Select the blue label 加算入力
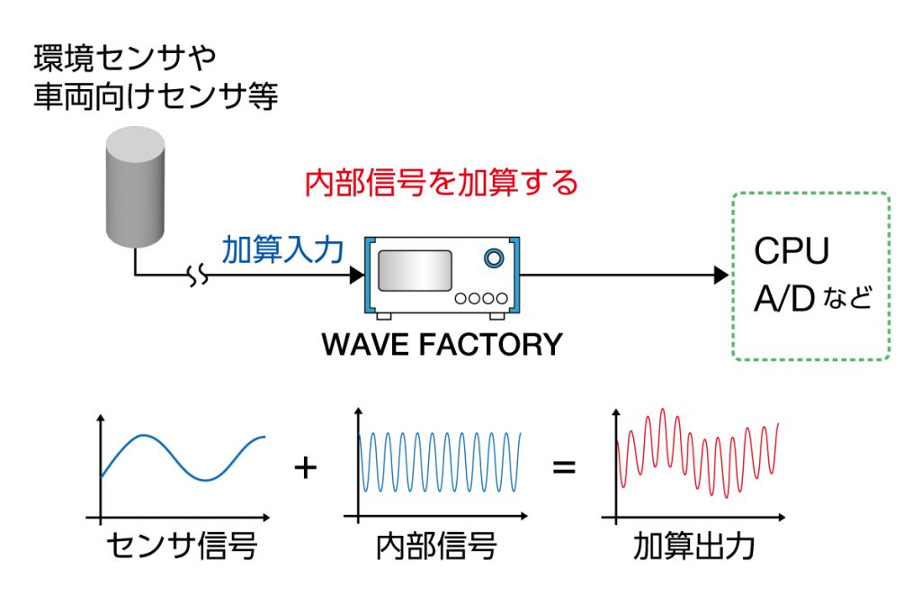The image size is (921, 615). (282, 249)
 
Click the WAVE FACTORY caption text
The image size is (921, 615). (442, 345)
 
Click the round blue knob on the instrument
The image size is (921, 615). (493, 258)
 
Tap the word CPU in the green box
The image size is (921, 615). (791, 252)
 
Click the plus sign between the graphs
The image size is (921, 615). (306, 467)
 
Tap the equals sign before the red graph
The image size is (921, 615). (564, 467)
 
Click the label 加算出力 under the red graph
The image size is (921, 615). (693, 547)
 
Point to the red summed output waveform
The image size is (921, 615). (697, 455)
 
